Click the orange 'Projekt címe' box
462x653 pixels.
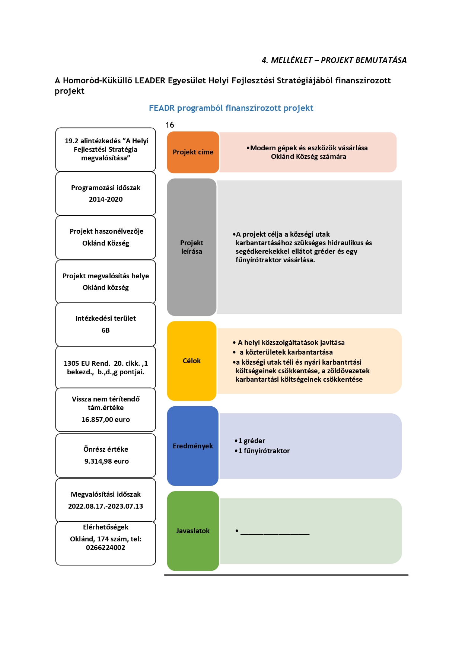click(193, 152)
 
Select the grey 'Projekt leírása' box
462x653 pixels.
click(192, 247)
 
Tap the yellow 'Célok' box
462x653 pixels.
click(192, 361)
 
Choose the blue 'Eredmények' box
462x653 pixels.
click(193, 446)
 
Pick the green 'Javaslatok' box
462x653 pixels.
click(193, 531)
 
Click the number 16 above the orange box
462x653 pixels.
click(170, 125)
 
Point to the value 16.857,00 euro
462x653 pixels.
click(106, 420)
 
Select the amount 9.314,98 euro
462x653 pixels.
click(106, 461)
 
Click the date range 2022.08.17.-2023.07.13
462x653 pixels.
click(106, 506)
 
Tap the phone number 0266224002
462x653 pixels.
click(106, 548)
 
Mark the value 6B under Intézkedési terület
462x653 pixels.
click(106, 330)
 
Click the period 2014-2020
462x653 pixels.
click(106, 199)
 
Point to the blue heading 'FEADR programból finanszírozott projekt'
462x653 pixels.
click(231, 108)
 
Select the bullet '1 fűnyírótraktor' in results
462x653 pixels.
click(262, 451)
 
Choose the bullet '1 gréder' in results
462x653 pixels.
click(250, 441)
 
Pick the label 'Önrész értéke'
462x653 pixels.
click(106, 449)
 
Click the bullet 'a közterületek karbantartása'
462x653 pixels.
click(283, 352)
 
